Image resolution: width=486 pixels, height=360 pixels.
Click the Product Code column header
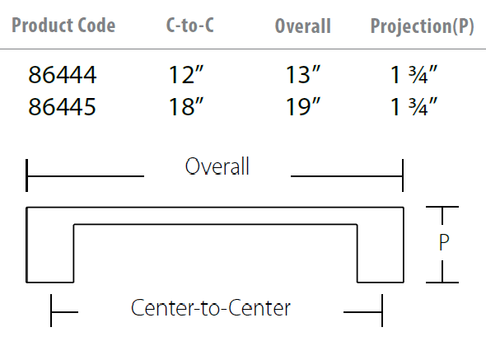tap(63, 26)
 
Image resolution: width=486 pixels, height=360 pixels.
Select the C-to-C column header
tap(190, 25)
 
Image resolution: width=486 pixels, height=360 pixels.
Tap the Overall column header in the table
tap(303, 26)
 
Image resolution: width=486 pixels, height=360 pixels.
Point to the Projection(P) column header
tap(422, 26)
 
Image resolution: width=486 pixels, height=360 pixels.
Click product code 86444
tap(63, 75)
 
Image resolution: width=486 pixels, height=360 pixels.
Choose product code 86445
tap(62, 106)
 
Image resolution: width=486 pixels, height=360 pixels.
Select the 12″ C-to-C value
tap(185, 74)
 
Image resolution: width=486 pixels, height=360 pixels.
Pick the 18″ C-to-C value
tap(185, 106)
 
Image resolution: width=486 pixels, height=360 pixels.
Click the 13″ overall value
tap(302, 74)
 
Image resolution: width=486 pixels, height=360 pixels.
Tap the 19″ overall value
tap(302, 106)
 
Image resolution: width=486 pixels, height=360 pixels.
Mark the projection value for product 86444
tap(414, 74)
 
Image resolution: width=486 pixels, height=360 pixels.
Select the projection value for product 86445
tap(414, 106)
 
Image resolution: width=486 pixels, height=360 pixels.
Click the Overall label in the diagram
tap(217, 166)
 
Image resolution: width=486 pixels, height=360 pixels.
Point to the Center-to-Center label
tap(211, 308)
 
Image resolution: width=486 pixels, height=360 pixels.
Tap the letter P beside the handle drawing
tap(444, 242)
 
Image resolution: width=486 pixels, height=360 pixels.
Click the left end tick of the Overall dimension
tap(27, 175)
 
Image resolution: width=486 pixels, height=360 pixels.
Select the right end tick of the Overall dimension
tap(403, 175)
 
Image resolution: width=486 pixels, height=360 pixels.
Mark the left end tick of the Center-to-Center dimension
tap(51, 311)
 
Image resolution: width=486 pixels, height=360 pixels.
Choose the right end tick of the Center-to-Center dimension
tap(382, 311)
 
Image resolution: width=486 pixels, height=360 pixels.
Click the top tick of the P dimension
tap(442, 207)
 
